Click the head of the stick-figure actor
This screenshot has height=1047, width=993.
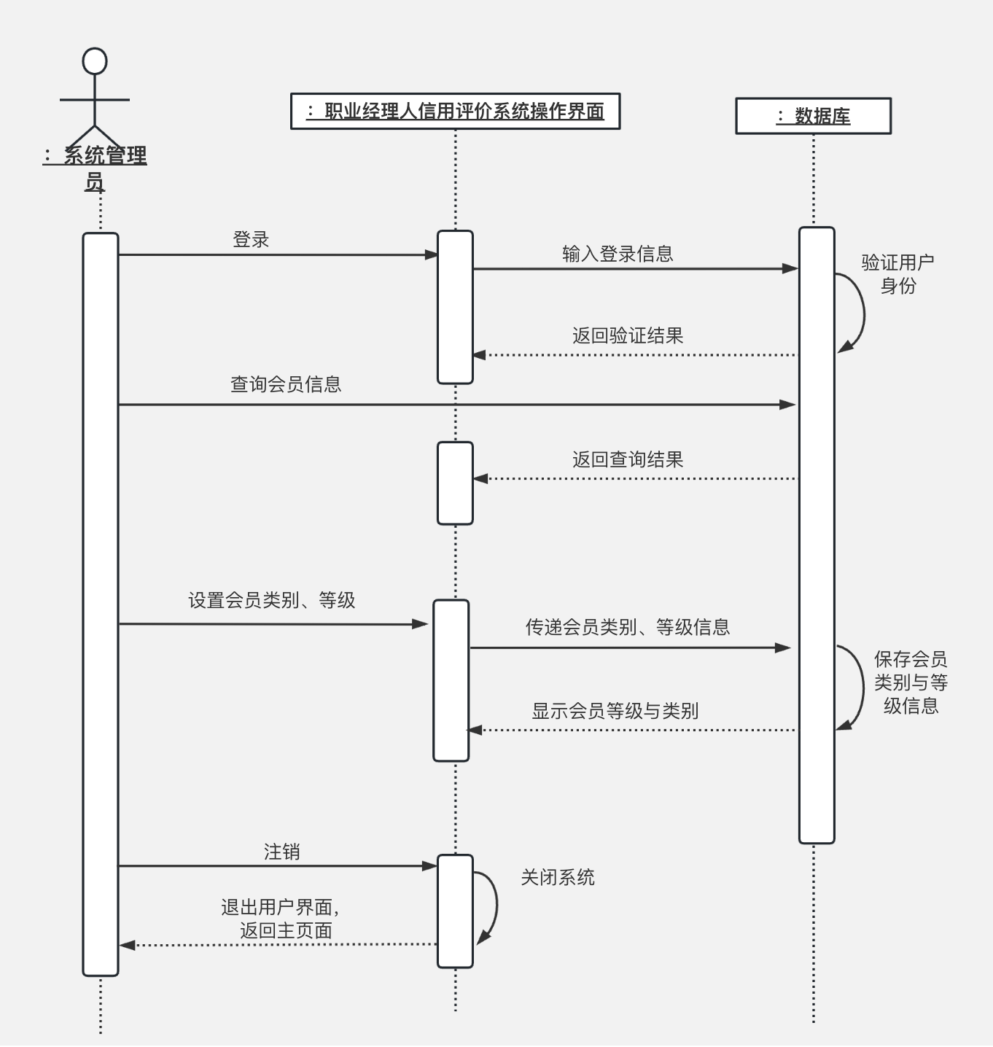coord(95,61)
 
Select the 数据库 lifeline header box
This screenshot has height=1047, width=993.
coord(813,116)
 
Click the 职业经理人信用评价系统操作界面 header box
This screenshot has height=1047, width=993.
coord(455,112)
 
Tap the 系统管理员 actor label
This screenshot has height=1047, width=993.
coord(95,168)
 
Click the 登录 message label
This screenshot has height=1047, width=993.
coord(251,239)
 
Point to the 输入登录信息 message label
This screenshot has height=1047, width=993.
coord(618,254)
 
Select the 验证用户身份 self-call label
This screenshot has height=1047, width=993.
coord(897,273)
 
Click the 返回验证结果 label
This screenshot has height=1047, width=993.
coord(628,335)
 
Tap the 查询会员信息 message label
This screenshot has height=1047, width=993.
coord(286,384)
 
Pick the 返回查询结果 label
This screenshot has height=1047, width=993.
coord(628,459)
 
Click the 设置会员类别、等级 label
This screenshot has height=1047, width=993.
coord(272,600)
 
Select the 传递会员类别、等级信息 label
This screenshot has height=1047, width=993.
coord(628,627)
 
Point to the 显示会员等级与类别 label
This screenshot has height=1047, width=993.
coord(615,711)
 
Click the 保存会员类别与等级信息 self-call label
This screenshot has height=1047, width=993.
coord(911,682)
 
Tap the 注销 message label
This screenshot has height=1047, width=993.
coord(281,852)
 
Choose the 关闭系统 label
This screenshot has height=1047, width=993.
coord(558,877)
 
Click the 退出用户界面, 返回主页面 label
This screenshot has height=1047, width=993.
coord(281,919)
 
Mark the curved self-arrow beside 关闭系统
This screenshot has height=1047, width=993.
coord(494,907)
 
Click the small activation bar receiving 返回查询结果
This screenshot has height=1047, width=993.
coord(455,483)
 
